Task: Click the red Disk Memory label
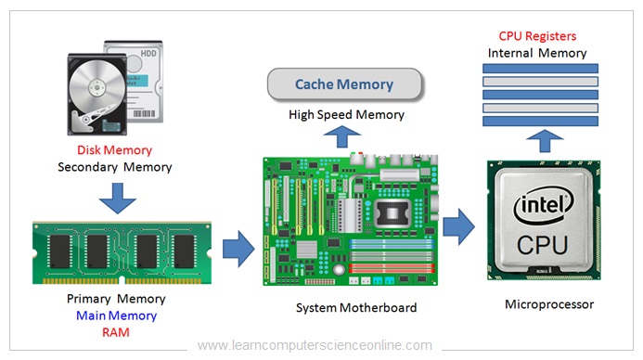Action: tap(114, 149)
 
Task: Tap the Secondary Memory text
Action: tap(114, 167)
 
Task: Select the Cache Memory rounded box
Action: tap(344, 84)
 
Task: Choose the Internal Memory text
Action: tap(537, 53)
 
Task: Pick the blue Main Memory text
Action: tap(117, 315)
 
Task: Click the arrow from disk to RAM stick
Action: tap(115, 196)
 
